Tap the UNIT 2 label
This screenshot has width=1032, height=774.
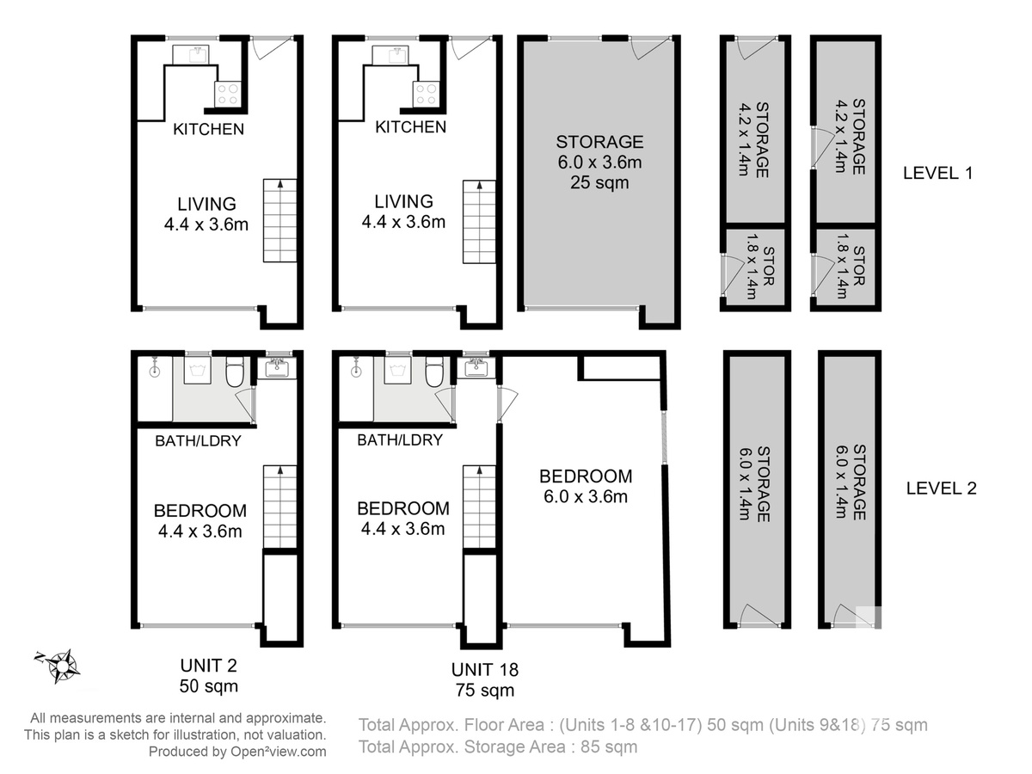tap(208, 666)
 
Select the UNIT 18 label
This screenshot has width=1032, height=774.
tap(484, 670)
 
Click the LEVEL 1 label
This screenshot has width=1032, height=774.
tap(937, 173)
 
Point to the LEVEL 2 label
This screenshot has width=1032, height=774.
tap(941, 488)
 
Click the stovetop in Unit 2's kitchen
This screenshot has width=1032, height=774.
tap(228, 94)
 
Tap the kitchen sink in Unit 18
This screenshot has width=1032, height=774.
tap(390, 55)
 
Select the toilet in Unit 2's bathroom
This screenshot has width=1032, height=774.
tap(235, 371)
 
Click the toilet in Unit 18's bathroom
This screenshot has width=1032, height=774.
tap(434, 371)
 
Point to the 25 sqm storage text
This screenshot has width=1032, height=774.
tap(599, 182)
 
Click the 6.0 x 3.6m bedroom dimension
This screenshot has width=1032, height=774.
tap(586, 496)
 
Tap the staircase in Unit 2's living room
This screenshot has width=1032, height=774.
tap(279, 220)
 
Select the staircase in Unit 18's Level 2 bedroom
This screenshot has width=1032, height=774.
tap(479, 507)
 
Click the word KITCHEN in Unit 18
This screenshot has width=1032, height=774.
tap(410, 127)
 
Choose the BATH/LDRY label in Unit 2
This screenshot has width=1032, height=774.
tap(198, 441)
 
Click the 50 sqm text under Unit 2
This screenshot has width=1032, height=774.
tap(208, 686)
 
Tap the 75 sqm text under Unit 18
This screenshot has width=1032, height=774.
tap(484, 691)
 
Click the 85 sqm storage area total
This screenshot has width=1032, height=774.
tap(609, 746)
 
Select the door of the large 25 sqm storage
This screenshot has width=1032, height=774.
tap(649, 47)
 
